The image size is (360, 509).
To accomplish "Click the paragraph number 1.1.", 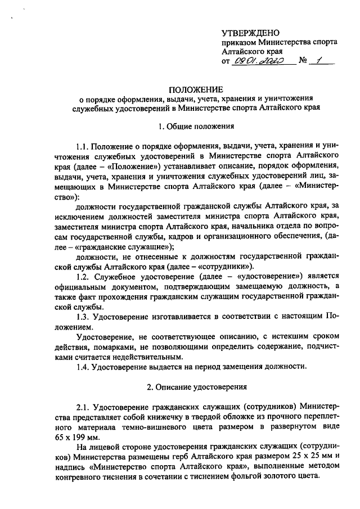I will [82, 147].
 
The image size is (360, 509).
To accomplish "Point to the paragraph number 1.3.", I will [82, 317].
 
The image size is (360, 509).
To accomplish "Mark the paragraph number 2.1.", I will [82, 407].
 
